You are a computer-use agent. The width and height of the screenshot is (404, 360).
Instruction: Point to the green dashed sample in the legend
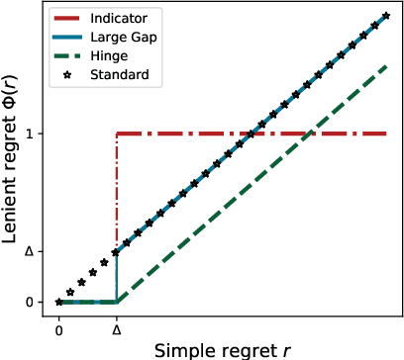(x=71, y=55)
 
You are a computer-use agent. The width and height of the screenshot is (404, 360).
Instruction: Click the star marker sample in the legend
(x=71, y=73)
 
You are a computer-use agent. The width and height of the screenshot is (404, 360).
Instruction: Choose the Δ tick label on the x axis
(x=117, y=321)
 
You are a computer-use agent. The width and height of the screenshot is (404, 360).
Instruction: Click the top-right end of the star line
(x=386, y=16)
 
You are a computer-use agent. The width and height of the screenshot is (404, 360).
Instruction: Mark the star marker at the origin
(x=58, y=302)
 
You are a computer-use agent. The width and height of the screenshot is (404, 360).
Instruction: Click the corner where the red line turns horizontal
(x=117, y=134)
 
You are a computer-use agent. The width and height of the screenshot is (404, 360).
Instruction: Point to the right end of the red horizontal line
(x=386, y=134)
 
